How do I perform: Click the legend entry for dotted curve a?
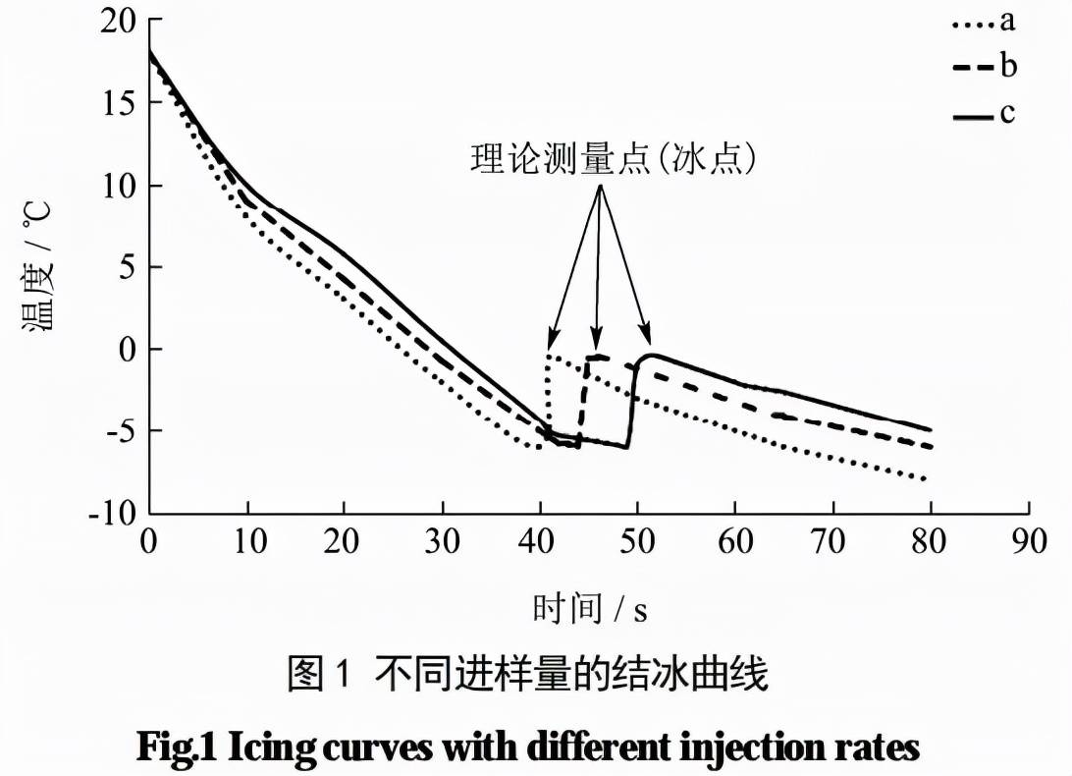tap(983, 21)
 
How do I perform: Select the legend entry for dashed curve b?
tap(983, 67)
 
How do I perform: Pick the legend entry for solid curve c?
tap(983, 114)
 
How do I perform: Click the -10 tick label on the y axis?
tap(112, 513)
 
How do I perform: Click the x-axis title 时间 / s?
tap(590, 609)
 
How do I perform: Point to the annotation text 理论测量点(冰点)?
tap(614, 159)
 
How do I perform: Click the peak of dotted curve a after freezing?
tap(550, 355)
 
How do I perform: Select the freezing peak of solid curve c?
tap(651, 355)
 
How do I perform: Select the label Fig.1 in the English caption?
tap(178, 748)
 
